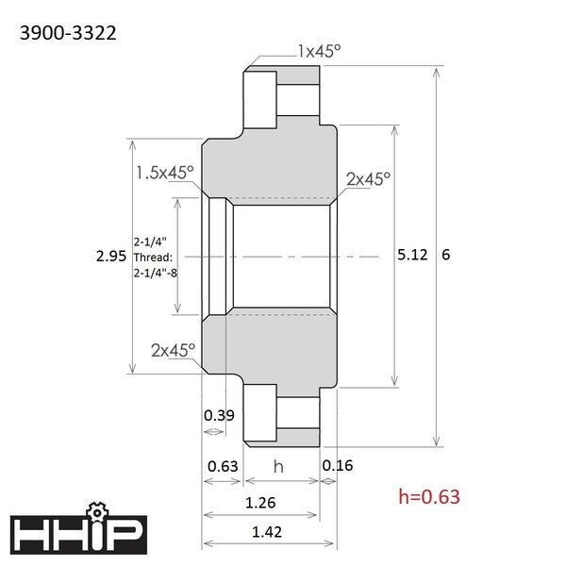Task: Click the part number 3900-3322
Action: tap(68, 33)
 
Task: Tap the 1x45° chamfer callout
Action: tap(320, 52)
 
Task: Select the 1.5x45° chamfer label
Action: tap(165, 173)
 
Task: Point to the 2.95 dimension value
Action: tap(111, 256)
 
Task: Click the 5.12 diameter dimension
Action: tap(412, 255)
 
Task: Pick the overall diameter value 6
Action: tap(446, 255)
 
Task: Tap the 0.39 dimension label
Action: tap(219, 415)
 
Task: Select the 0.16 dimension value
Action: tap(338, 465)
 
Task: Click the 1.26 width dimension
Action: tap(260, 503)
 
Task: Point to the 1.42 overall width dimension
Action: tap(267, 532)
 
